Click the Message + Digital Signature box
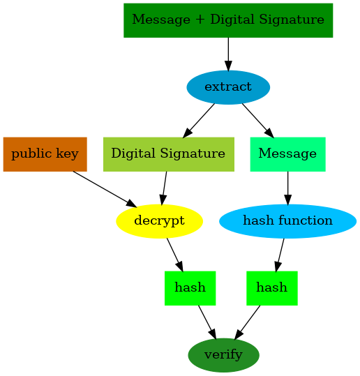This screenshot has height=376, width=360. click(227, 20)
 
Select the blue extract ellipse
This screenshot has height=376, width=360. click(228, 87)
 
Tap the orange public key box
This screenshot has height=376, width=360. click(45, 153)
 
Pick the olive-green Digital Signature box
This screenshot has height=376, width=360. click(167, 153)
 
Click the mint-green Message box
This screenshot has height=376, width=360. click(287, 153)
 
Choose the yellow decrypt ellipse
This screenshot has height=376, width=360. click(159, 221)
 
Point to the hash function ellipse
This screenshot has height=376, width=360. click(287, 221)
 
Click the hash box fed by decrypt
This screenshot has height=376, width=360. click(190, 287)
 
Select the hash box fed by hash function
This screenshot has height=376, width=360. click(271, 287)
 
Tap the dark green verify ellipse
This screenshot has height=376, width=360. click(223, 355)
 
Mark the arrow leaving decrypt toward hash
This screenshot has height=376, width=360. click(174, 254)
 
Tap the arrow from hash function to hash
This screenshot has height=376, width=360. click(280, 254)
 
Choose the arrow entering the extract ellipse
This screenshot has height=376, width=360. click(228, 54)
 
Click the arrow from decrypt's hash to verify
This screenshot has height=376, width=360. click(207, 322)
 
